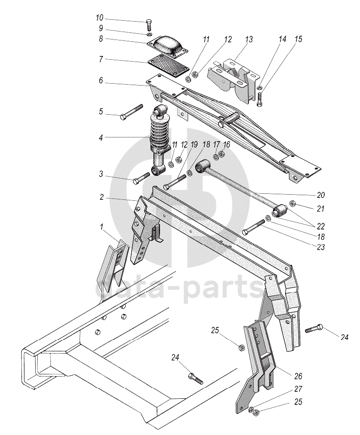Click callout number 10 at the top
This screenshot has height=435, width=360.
pos(99,17)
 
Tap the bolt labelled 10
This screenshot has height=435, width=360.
pos(149,24)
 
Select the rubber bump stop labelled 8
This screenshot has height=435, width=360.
pos(168,46)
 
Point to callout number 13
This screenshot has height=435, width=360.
pos(248,40)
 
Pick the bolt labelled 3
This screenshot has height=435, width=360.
pos(142,178)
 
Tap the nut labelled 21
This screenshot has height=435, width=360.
pos(292,204)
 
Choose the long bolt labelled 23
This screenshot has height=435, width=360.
pos(255,228)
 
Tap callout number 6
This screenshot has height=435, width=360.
pos(101,81)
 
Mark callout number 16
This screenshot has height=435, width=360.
pos(227,145)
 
